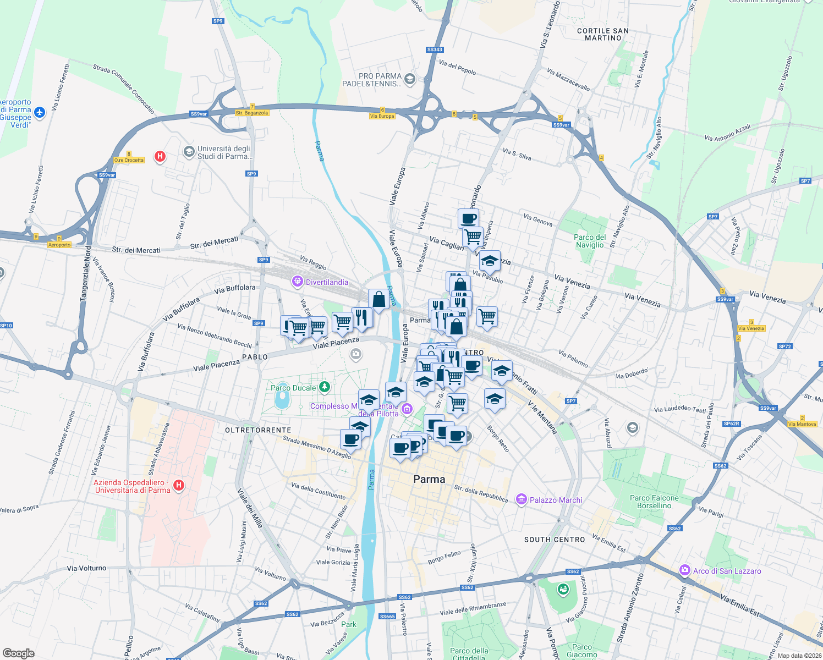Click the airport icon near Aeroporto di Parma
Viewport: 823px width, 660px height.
click(39, 112)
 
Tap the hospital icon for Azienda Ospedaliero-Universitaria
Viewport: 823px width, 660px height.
click(178, 485)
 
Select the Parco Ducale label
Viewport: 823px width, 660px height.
click(293, 388)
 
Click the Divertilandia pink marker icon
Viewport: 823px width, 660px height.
click(298, 282)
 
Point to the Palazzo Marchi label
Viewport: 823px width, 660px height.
click(556, 500)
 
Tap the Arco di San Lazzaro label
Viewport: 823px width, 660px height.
click(727, 571)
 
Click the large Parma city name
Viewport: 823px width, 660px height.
click(429, 479)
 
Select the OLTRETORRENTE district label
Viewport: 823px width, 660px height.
click(258, 430)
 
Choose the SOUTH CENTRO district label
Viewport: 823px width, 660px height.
click(555, 540)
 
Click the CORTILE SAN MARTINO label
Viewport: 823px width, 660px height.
click(603, 35)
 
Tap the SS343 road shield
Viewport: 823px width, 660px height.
click(435, 50)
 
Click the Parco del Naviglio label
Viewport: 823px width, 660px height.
click(590, 241)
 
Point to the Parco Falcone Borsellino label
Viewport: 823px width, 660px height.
click(654, 502)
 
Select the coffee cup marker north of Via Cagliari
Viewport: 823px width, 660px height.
click(468, 218)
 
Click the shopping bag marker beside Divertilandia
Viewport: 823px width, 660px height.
click(378, 300)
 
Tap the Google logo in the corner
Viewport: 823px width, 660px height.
click(18, 653)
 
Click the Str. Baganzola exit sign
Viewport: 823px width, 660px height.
click(252, 113)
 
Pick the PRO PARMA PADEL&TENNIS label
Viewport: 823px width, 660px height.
click(372, 80)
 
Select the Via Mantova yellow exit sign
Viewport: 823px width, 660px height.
click(802, 424)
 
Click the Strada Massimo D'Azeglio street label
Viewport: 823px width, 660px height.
click(316, 447)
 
